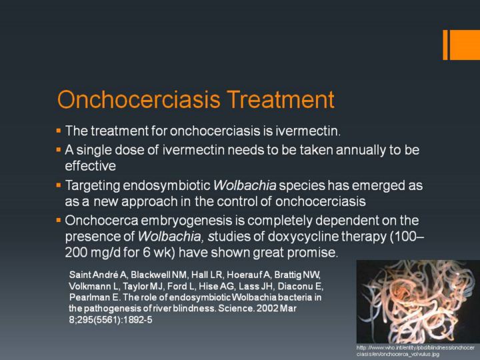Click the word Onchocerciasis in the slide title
(x=139, y=99)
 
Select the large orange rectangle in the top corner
(x=465, y=45)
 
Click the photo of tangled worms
(x=418, y=301)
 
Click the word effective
(x=90, y=166)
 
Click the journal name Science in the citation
(x=236, y=308)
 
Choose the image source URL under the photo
(x=415, y=351)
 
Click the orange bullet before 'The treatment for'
(x=59, y=131)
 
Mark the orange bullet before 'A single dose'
(x=59, y=150)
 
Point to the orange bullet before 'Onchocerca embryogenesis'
(x=59, y=221)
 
